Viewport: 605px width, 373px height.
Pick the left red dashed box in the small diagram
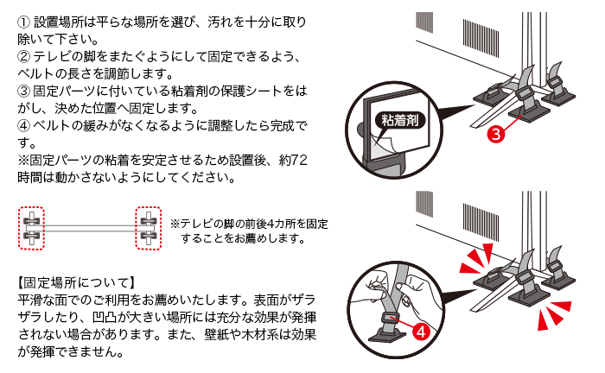click(32, 226)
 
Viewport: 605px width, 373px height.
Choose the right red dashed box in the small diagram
click(150, 226)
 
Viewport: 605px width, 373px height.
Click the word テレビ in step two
click(53, 55)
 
